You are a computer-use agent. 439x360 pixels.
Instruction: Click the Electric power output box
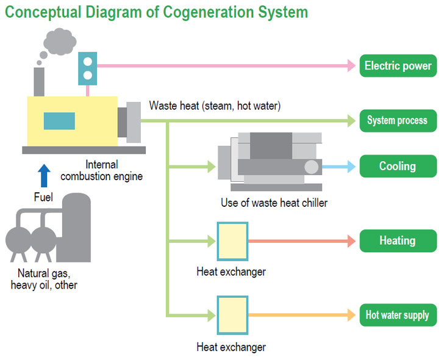click(398, 66)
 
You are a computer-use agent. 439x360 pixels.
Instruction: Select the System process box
click(398, 121)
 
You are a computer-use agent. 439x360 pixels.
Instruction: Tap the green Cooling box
click(398, 166)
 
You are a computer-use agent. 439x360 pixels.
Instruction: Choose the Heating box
click(398, 240)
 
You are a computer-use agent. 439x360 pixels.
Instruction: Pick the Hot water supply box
click(398, 315)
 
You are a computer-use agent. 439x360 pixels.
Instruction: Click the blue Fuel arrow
click(44, 175)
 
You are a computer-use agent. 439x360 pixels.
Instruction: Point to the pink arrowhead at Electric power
click(352, 66)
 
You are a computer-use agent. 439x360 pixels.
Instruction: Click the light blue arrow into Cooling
click(339, 167)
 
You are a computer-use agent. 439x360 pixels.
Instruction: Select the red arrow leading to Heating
click(302, 241)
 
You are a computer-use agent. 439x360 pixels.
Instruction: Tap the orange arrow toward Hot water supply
click(302, 315)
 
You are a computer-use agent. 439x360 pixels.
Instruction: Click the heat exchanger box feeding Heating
click(232, 241)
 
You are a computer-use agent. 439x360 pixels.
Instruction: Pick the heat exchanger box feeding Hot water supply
click(232, 315)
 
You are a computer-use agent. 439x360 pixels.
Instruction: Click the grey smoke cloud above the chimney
click(60, 42)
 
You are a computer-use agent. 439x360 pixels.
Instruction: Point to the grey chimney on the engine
click(39, 82)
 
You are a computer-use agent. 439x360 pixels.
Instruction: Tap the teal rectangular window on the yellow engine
click(59, 121)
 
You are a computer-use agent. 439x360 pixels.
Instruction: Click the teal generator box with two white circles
click(88, 68)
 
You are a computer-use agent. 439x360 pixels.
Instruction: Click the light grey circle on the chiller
click(312, 167)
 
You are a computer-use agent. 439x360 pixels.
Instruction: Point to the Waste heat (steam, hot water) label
click(215, 106)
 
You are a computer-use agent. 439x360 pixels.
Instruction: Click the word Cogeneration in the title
click(209, 12)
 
